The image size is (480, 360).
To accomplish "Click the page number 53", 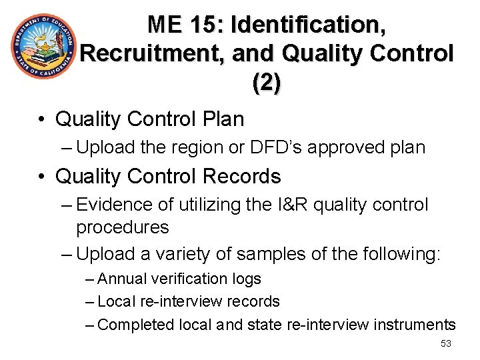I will (x=446, y=343).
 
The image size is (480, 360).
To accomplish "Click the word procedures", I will (x=123, y=227).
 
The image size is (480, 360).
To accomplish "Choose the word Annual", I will (x=120, y=279).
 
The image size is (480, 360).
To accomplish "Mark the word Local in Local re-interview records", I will (x=116, y=301).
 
